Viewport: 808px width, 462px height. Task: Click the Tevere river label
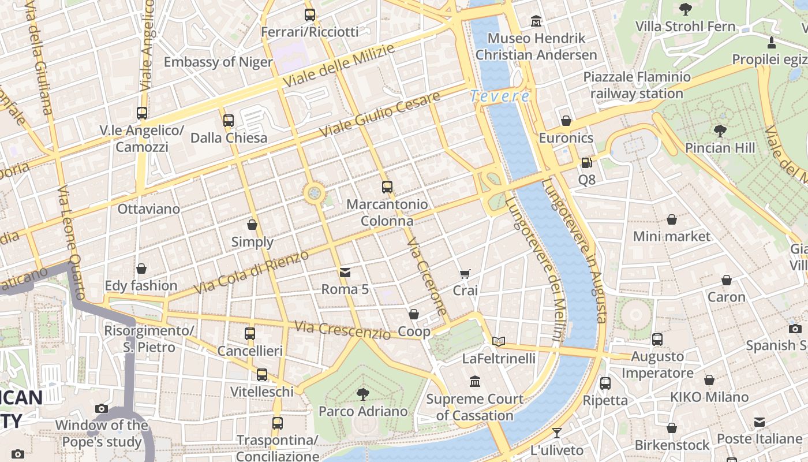[x=500, y=96]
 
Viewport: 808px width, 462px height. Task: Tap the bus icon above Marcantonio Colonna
[x=387, y=187]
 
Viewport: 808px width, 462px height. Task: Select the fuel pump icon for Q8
[x=586, y=163]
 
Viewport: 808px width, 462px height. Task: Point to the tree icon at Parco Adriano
[x=363, y=394]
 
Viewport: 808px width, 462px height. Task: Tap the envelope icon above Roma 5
[x=345, y=272]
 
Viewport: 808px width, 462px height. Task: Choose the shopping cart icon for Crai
[x=465, y=274]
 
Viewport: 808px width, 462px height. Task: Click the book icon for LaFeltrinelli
[x=499, y=341]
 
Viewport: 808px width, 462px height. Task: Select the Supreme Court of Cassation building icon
[x=475, y=382]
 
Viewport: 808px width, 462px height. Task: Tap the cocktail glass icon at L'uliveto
[x=557, y=433]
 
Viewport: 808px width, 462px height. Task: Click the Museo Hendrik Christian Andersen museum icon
[x=536, y=21]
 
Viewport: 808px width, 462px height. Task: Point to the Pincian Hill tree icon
[x=720, y=131]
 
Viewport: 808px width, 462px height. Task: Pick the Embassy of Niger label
[x=218, y=62]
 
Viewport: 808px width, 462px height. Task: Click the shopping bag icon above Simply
[x=252, y=225]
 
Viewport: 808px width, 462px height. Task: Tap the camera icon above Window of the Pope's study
[x=102, y=408]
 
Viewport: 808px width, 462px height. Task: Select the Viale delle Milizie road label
[x=339, y=65]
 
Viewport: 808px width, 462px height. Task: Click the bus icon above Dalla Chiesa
[x=229, y=121]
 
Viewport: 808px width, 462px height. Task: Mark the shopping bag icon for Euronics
[x=566, y=121]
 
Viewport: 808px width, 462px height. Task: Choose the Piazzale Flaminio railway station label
[x=637, y=85]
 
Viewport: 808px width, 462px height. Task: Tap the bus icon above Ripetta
[x=605, y=383]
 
